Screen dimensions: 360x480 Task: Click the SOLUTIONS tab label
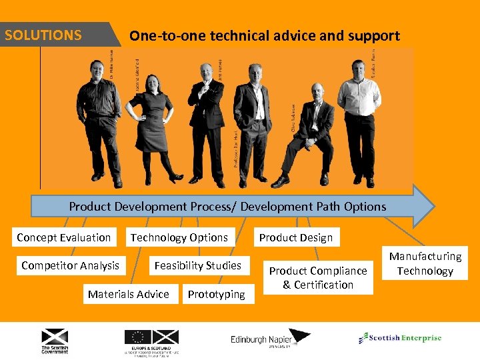pyautogui.click(x=43, y=35)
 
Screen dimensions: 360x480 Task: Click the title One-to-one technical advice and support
pyautogui.click(x=265, y=36)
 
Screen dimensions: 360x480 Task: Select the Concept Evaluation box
pyautogui.click(x=64, y=237)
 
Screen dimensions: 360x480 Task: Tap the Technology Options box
pyautogui.click(x=179, y=237)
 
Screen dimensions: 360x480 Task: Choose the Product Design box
pyautogui.click(x=295, y=237)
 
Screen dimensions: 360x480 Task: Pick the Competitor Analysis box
pyautogui.click(x=70, y=265)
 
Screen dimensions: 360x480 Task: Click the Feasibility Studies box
pyautogui.click(x=197, y=265)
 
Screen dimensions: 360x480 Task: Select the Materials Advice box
pyautogui.click(x=129, y=294)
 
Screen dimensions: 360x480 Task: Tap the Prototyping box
pyautogui.click(x=216, y=294)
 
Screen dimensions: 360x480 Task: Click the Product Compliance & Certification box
pyautogui.click(x=318, y=277)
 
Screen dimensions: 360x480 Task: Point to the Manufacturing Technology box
pyautogui.click(x=425, y=263)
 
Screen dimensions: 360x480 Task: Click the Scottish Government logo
pyautogui.click(x=55, y=341)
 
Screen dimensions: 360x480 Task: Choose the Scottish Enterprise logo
pyautogui.click(x=400, y=338)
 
